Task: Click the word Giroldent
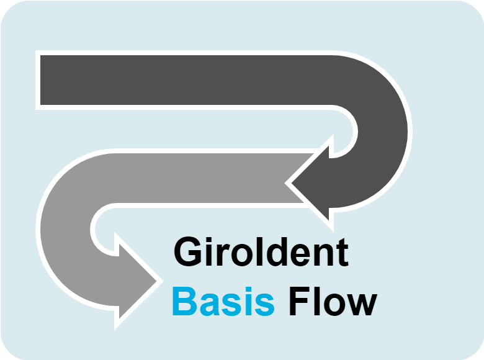[261, 252]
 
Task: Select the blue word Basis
[223, 302]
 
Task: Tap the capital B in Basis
[184, 302]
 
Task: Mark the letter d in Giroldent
[279, 253]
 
